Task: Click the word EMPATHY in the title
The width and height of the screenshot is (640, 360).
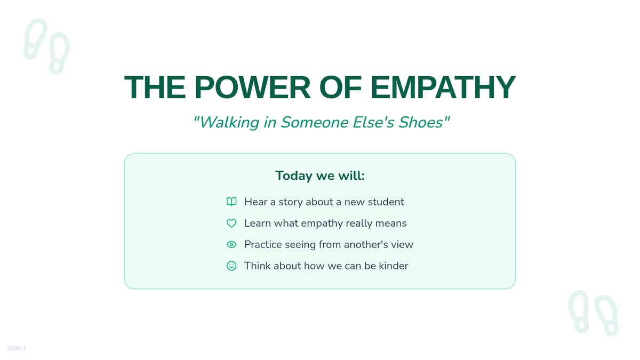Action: [x=443, y=87]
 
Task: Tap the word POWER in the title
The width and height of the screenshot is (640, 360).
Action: [x=252, y=87]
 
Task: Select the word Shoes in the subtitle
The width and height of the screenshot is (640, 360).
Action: [x=421, y=122]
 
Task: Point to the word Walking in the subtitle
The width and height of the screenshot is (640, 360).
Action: [x=229, y=123]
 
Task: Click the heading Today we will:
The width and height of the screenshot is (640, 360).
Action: [x=320, y=175]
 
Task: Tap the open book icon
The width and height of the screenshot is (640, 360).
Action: [x=231, y=202]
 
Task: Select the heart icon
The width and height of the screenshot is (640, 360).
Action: [x=231, y=223]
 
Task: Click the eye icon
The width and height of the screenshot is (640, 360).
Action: [x=231, y=245]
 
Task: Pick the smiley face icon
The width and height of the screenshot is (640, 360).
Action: [x=231, y=266]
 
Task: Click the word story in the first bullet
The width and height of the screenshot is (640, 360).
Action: [x=291, y=202]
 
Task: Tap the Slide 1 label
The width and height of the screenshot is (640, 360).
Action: [x=17, y=348]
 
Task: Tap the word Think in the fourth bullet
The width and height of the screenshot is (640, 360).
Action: [x=258, y=266]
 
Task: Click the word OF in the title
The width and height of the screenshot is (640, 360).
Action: [x=340, y=87]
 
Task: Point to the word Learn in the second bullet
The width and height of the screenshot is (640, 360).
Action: [x=258, y=223]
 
